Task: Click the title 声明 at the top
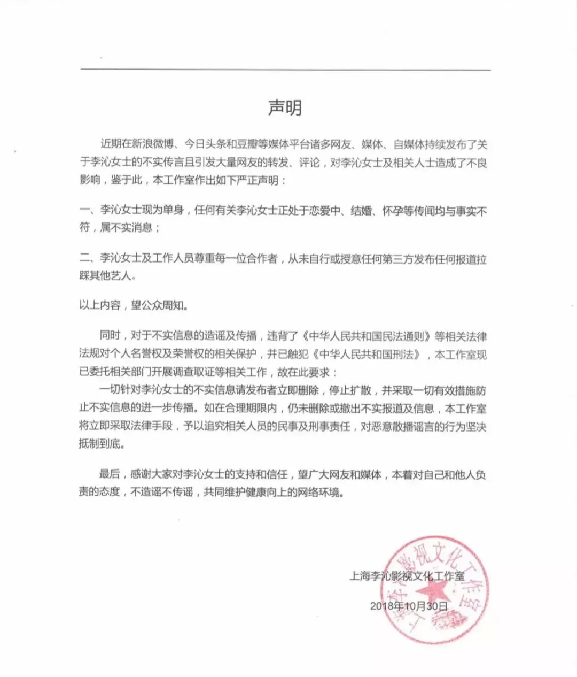tap(285, 107)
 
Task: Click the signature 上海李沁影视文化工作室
tap(407, 576)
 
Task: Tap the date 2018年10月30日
tap(408, 606)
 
